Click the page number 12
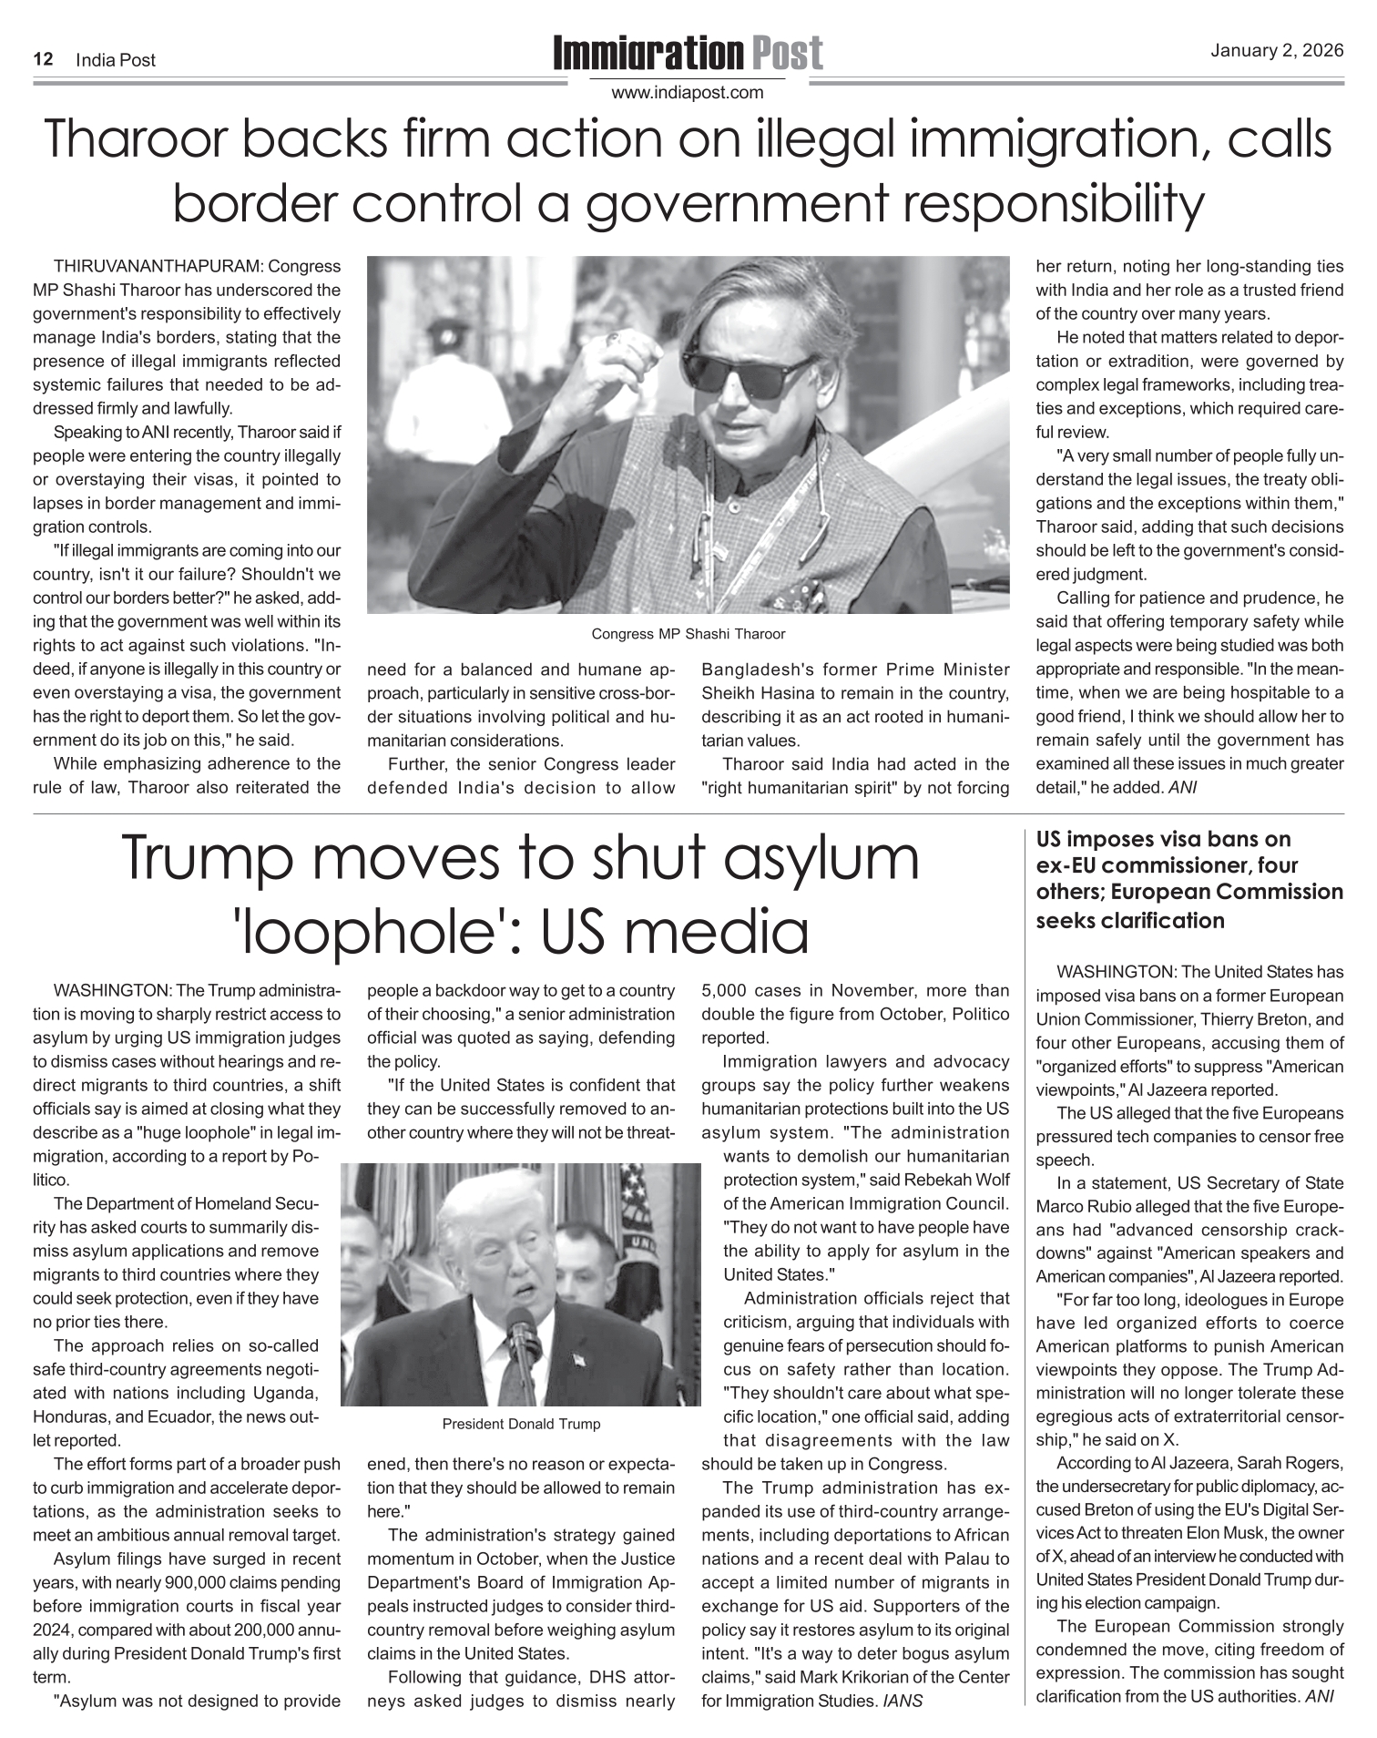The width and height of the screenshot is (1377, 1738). [42, 60]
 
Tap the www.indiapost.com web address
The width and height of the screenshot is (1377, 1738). [688, 93]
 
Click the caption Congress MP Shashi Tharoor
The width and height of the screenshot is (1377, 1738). [688, 634]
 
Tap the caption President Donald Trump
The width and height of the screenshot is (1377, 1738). [521, 1424]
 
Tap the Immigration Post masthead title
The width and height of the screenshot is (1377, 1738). [688, 55]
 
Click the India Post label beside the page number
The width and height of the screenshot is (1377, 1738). [116, 60]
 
